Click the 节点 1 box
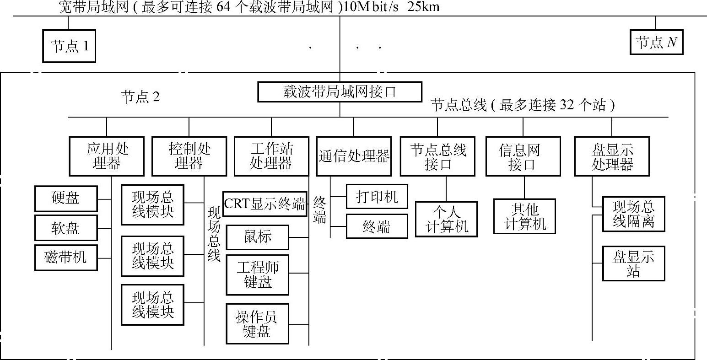click(x=69, y=46)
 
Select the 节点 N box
click(x=656, y=42)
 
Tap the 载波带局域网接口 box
click(x=340, y=92)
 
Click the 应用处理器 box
click(x=107, y=156)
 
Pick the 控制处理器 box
click(x=189, y=156)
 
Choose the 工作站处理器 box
click(x=271, y=156)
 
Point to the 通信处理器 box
click(x=354, y=156)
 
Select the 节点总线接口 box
click(x=438, y=156)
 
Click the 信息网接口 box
click(x=523, y=156)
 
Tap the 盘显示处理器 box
click(x=612, y=156)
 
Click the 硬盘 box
click(x=66, y=199)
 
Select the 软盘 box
click(x=66, y=228)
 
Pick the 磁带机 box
click(x=66, y=258)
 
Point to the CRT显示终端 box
click(x=265, y=204)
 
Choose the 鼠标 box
click(x=258, y=237)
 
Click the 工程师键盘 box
click(x=258, y=274)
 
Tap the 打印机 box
click(x=377, y=196)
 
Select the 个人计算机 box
click(x=446, y=219)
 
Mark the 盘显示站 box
click(x=633, y=263)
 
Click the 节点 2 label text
click(x=140, y=97)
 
